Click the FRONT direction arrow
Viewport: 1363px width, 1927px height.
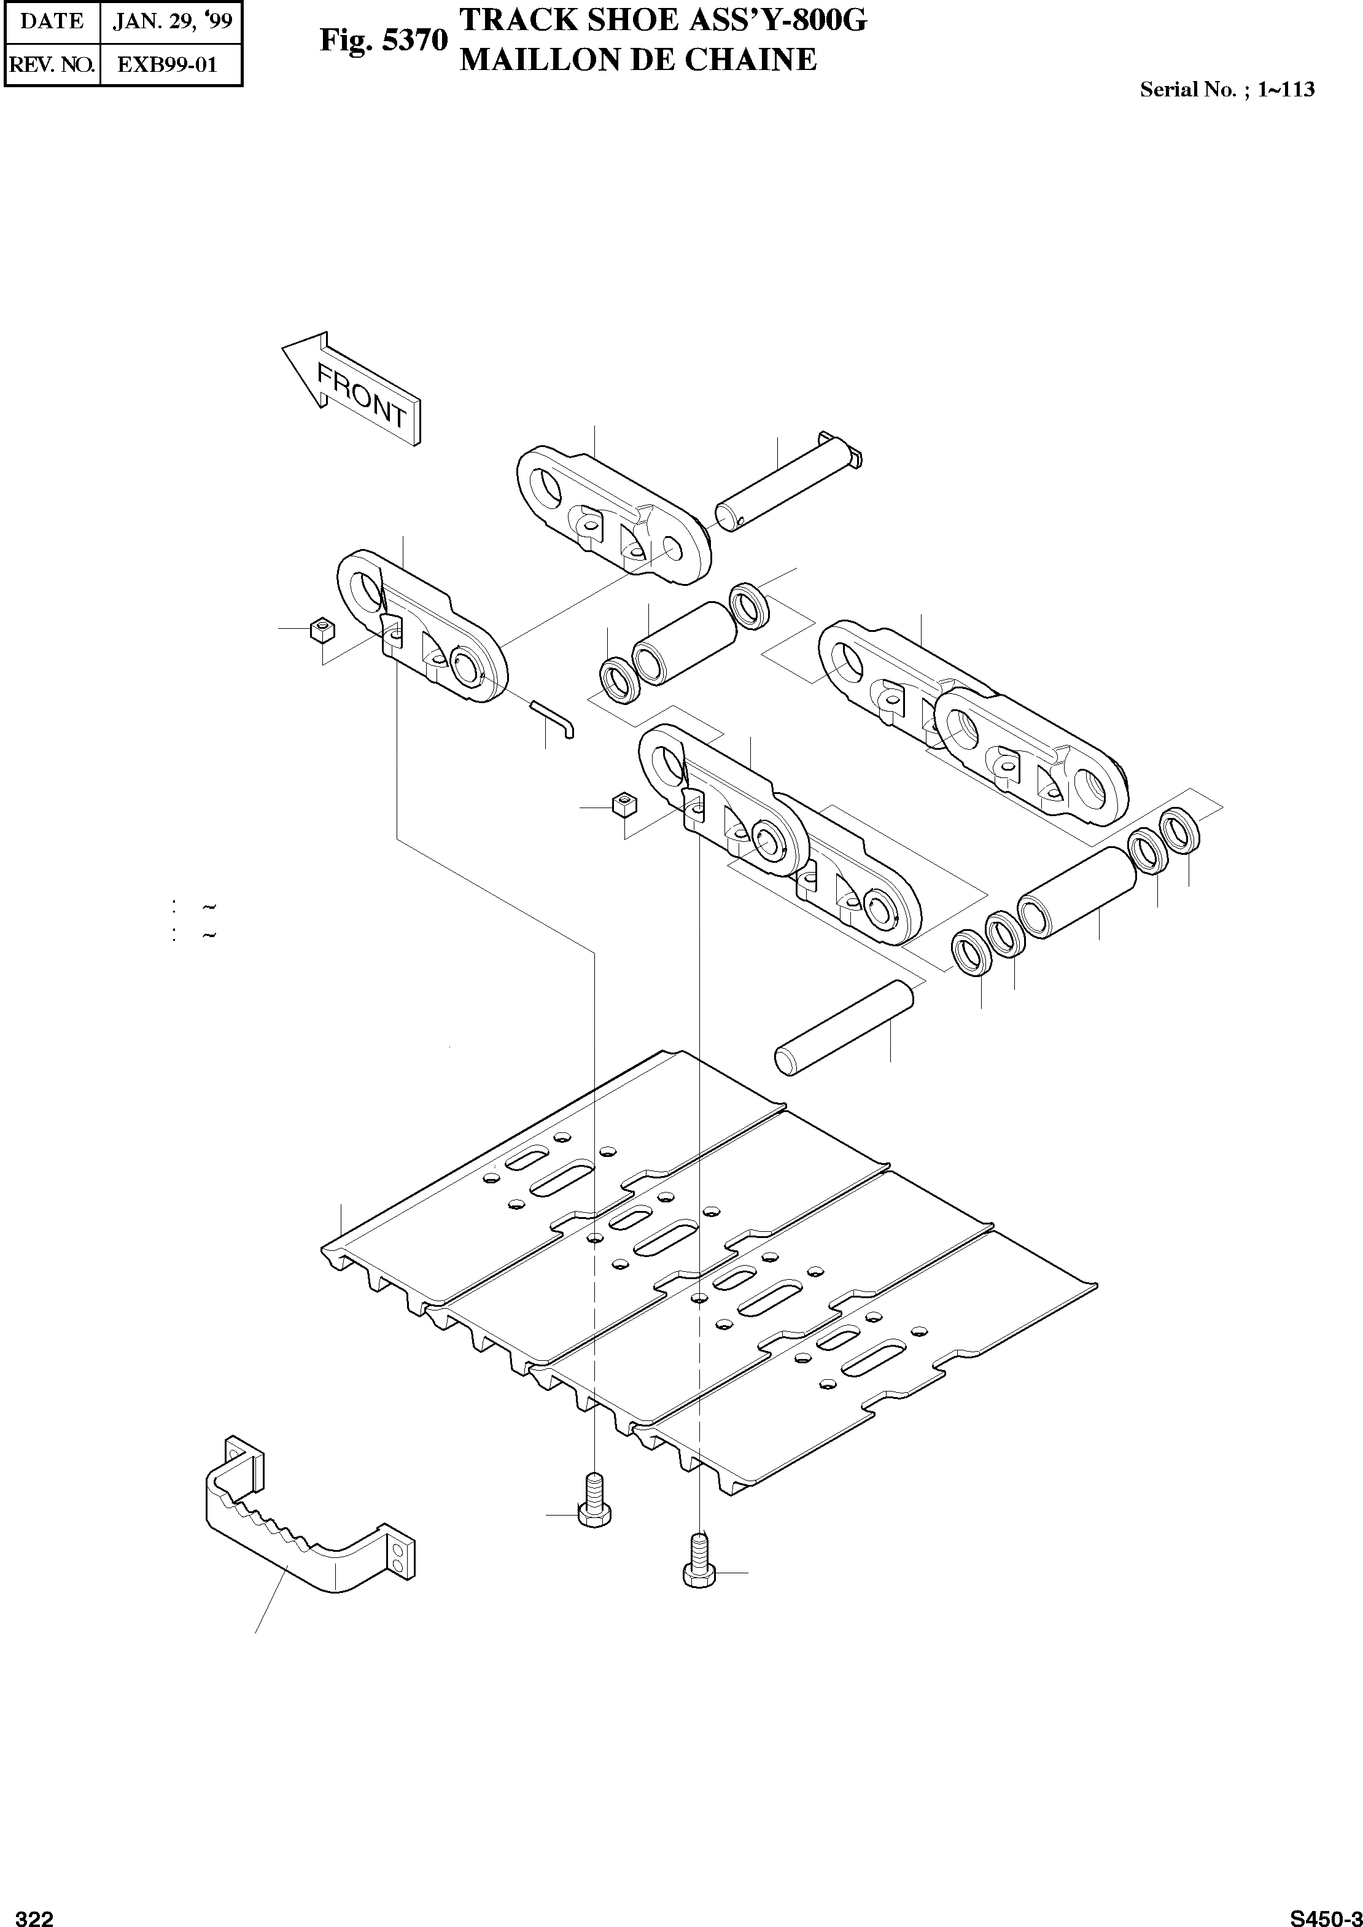[x=352, y=387]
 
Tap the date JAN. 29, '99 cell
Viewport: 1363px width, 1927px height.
[x=171, y=21]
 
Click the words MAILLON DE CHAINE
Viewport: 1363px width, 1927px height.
[x=638, y=60]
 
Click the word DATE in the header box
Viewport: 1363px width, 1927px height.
[x=52, y=21]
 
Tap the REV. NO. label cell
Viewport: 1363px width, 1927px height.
[x=52, y=64]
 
